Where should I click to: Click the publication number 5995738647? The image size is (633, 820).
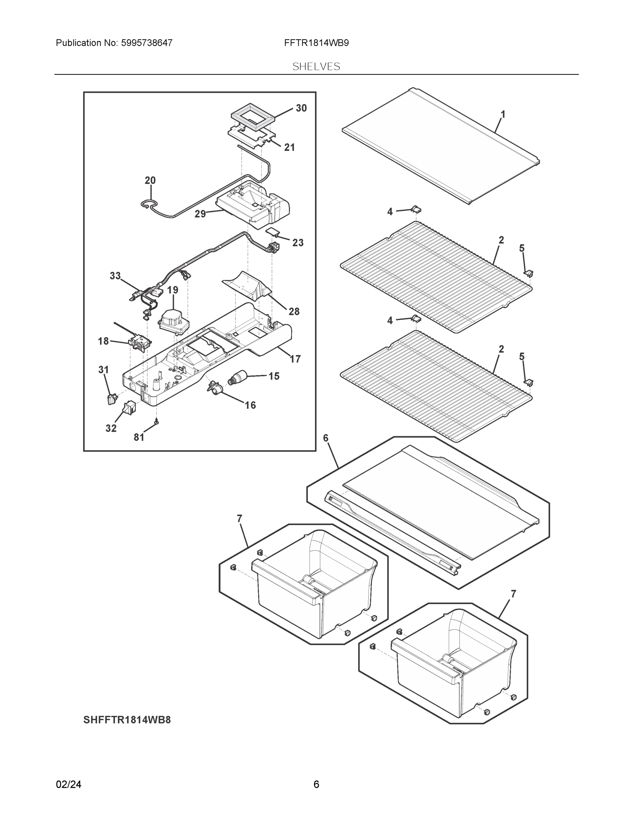147,43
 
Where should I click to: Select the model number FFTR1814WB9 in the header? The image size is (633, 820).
317,43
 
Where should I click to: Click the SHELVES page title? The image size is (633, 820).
316,67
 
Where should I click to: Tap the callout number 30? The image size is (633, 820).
301,108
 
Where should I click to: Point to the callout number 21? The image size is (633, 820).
289,148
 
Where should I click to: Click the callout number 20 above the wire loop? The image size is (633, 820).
150,181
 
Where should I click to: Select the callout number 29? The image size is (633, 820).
200,214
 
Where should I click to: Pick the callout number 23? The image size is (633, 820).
298,243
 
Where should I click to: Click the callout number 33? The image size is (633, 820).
115,276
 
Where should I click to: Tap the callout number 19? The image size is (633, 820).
173,290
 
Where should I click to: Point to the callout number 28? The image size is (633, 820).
294,311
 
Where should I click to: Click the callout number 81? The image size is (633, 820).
139,437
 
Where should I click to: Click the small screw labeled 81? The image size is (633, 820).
156,422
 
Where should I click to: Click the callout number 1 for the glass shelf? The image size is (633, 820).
503,114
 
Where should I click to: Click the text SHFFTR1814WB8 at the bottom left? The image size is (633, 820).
127,720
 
